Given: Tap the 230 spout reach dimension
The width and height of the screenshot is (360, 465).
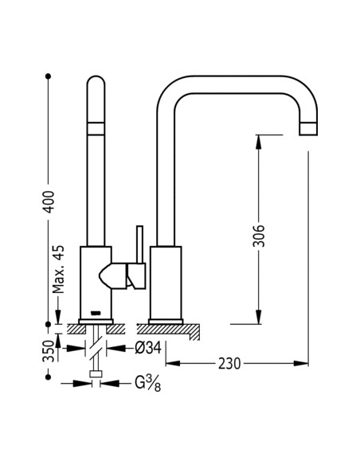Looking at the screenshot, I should point(229,363).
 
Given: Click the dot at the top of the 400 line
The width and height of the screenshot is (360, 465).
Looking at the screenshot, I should point(49,77).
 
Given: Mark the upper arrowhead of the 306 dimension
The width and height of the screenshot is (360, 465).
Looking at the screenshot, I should point(258,139).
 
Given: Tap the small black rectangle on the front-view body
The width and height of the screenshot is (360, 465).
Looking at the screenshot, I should point(96,312).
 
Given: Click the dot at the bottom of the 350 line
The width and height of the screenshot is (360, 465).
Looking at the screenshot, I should point(49,369).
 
